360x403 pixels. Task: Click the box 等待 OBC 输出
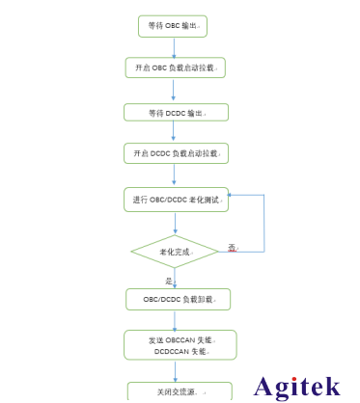click(x=173, y=25)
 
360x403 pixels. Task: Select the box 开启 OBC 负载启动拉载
click(x=175, y=67)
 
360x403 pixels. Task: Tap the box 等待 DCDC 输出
click(x=176, y=113)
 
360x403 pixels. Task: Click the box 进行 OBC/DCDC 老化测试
click(x=176, y=200)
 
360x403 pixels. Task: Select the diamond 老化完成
click(x=175, y=252)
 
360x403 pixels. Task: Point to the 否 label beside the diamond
click(x=232, y=248)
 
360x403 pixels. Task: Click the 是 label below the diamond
click(x=169, y=281)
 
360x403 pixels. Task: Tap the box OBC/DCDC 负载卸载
click(x=178, y=299)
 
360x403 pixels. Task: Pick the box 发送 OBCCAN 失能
click(x=180, y=339)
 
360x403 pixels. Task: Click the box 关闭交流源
click(x=180, y=391)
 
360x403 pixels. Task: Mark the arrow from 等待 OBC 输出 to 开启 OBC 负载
click(x=173, y=46)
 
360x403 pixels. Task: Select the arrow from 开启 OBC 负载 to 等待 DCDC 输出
click(x=174, y=90)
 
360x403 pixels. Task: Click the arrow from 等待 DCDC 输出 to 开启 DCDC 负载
click(x=175, y=133)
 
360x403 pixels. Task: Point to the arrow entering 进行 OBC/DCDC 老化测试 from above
click(x=175, y=175)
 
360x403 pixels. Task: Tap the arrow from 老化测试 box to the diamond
click(x=175, y=224)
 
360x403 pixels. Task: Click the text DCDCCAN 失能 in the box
click(x=180, y=351)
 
